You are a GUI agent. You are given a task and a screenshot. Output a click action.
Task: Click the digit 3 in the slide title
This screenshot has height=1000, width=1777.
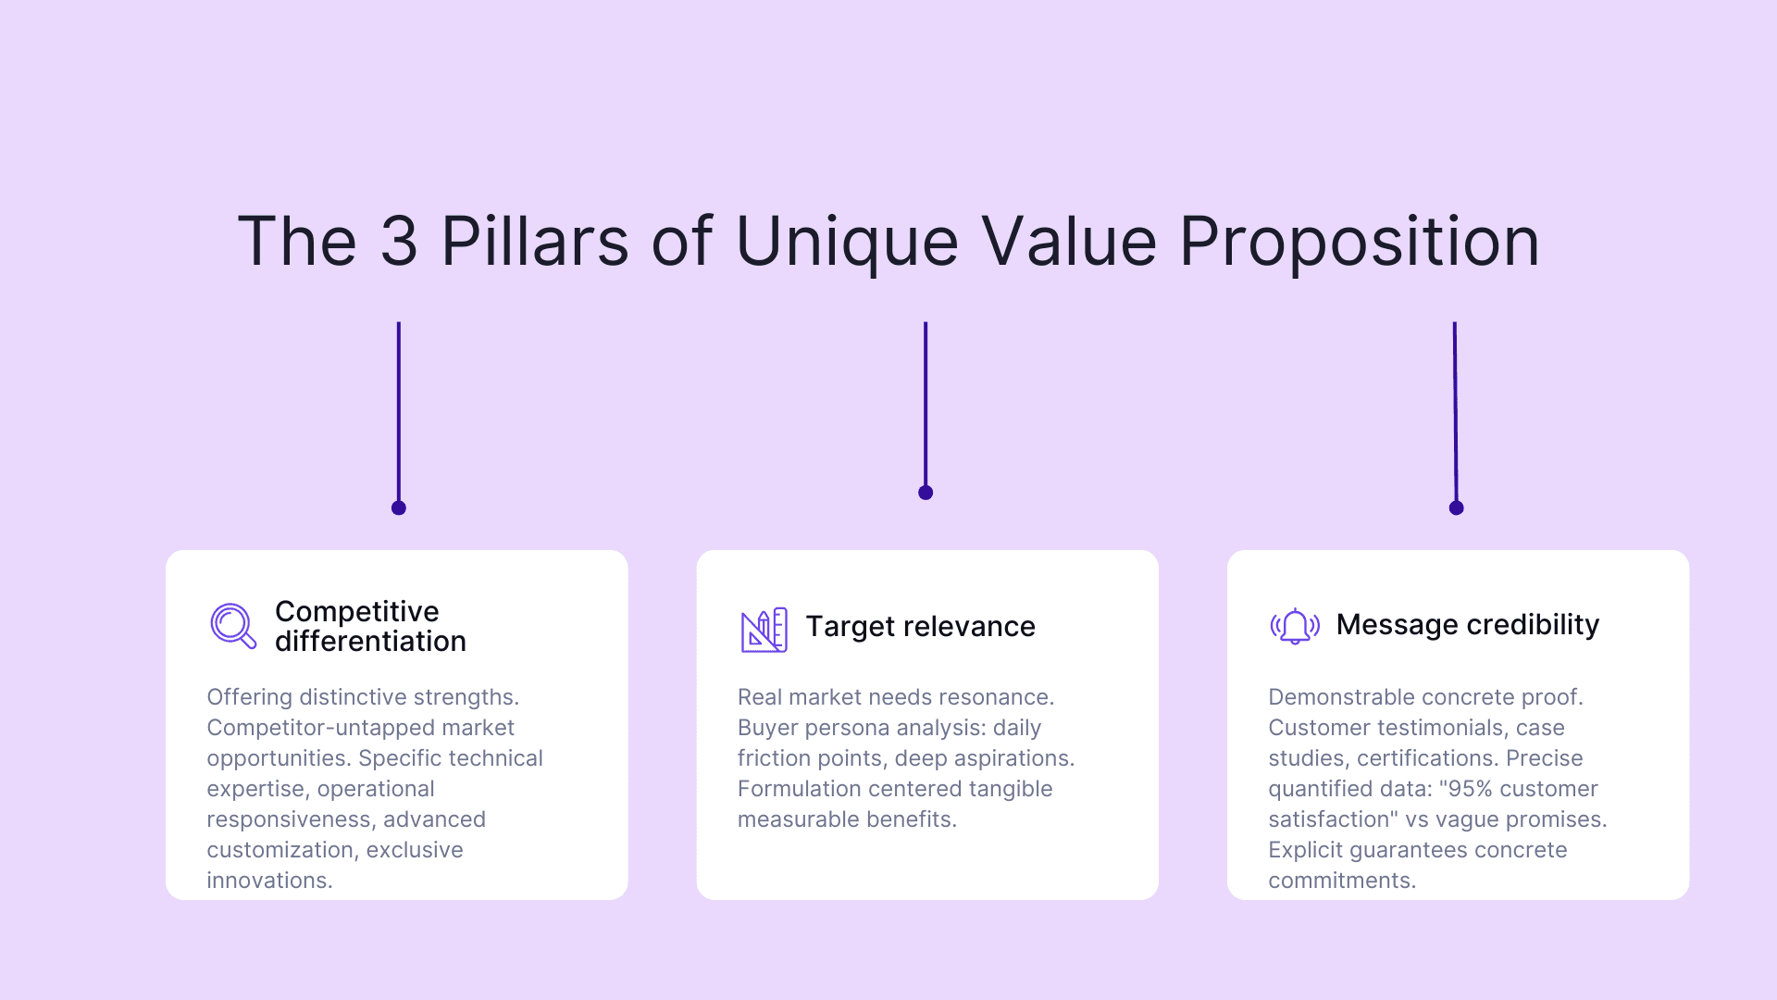pyautogui.click(x=399, y=242)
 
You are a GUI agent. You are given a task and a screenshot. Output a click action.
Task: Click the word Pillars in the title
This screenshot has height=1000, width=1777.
pyautogui.click(x=534, y=242)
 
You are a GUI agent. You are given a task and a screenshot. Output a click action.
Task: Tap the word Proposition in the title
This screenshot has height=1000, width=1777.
pyautogui.click(x=1359, y=242)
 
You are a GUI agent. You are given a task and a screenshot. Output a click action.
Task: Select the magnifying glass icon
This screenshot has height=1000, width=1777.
pyautogui.click(x=232, y=626)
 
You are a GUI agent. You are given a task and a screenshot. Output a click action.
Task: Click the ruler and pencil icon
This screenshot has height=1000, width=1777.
pyautogui.click(x=764, y=630)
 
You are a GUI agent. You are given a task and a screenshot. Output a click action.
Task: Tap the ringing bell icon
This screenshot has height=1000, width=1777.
pyautogui.click(x=1295, y=626)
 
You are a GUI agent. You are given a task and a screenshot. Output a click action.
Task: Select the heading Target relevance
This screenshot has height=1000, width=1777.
pyautogui.click(x=920, y=627)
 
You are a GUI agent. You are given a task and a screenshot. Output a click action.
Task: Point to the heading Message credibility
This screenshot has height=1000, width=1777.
pyautogui.click(x=1467, y=625)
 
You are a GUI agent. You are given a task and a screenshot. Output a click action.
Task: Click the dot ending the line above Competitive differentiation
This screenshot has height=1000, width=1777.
pyautogui.click(x=399, y=507)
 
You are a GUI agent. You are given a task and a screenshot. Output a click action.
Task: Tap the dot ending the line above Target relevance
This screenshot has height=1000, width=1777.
pyautogui.click(x=926, y=493)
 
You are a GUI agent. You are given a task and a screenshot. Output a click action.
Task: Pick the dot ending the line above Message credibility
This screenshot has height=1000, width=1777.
pyautogui.click(x=1456, y=507)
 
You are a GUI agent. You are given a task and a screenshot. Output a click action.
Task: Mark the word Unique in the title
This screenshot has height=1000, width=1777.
pyautogui.click(x=847, y=242)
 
